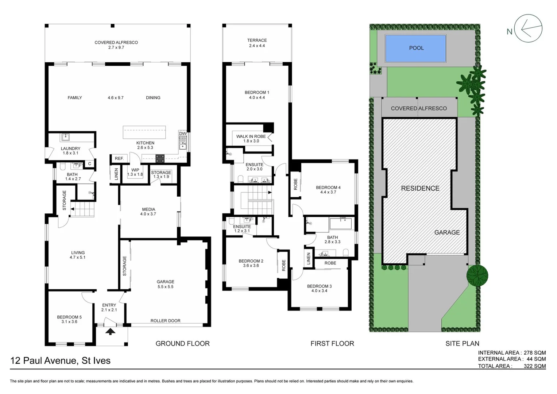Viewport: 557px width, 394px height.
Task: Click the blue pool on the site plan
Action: click(x=416, y=48)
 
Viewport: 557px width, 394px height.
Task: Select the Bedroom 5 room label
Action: click(x=69, y=319)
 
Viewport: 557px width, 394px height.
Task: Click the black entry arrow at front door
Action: click(x=111, y=331)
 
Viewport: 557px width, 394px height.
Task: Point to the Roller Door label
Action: click(x=165, y=321)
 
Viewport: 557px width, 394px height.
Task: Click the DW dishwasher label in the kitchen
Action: click(x=183, y=134)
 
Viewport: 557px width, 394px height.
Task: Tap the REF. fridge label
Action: click(x=119, y=158)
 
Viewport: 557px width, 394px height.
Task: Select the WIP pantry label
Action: click(x=135, y=172)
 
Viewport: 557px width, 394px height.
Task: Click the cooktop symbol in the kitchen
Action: click(x=160, y=158)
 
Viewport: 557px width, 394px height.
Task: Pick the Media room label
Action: click(x=148, y=212)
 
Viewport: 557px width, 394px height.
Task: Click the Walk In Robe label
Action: click(x=251, y=139)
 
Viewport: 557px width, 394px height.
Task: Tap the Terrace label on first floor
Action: click(x=257, y=43)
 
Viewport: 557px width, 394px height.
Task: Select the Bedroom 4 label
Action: click(x=328, y=190)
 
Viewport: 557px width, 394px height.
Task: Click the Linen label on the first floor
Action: click(x=309, y=258)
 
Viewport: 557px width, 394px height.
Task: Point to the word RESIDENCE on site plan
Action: click(x=420, y=188)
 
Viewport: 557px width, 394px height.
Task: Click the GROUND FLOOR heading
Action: click(x=182, y=343)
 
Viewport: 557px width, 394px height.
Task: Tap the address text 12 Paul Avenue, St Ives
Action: click(x=60, y=360)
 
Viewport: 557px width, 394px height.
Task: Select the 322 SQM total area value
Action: click(x=534, y=366)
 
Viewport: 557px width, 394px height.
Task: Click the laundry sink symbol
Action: click(x=65, y=137)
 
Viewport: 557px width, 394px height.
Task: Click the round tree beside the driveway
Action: click(x=477, y=275)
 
